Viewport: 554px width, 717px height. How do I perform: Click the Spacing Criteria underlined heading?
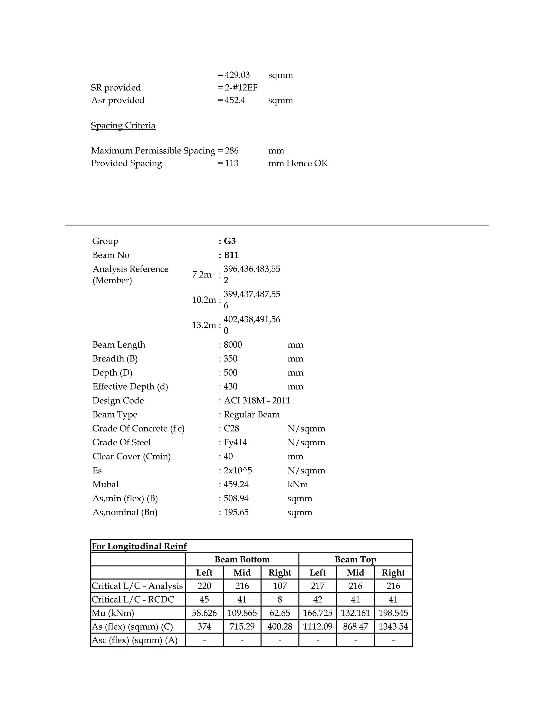123,126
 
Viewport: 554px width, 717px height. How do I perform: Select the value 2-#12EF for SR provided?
241,88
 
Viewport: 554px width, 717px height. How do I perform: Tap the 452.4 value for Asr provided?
235,100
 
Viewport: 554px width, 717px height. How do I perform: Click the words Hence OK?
307,163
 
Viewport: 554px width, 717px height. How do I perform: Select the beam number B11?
231,255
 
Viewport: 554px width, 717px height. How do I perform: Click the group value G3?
230,241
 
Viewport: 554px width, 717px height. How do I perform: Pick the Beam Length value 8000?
233,345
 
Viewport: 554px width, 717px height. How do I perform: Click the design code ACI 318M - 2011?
257,400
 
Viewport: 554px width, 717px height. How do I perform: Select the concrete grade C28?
231,428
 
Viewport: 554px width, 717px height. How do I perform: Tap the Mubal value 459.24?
236,484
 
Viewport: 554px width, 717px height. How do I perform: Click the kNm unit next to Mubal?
297,484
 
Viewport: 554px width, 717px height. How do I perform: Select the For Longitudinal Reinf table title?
139,546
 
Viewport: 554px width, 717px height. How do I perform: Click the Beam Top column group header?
355,560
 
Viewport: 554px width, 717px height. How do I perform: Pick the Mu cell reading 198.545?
393,613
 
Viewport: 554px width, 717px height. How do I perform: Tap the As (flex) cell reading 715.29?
242,626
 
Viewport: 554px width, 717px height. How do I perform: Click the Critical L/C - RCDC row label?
133,600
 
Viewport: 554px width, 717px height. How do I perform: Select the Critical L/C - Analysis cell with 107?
280,586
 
